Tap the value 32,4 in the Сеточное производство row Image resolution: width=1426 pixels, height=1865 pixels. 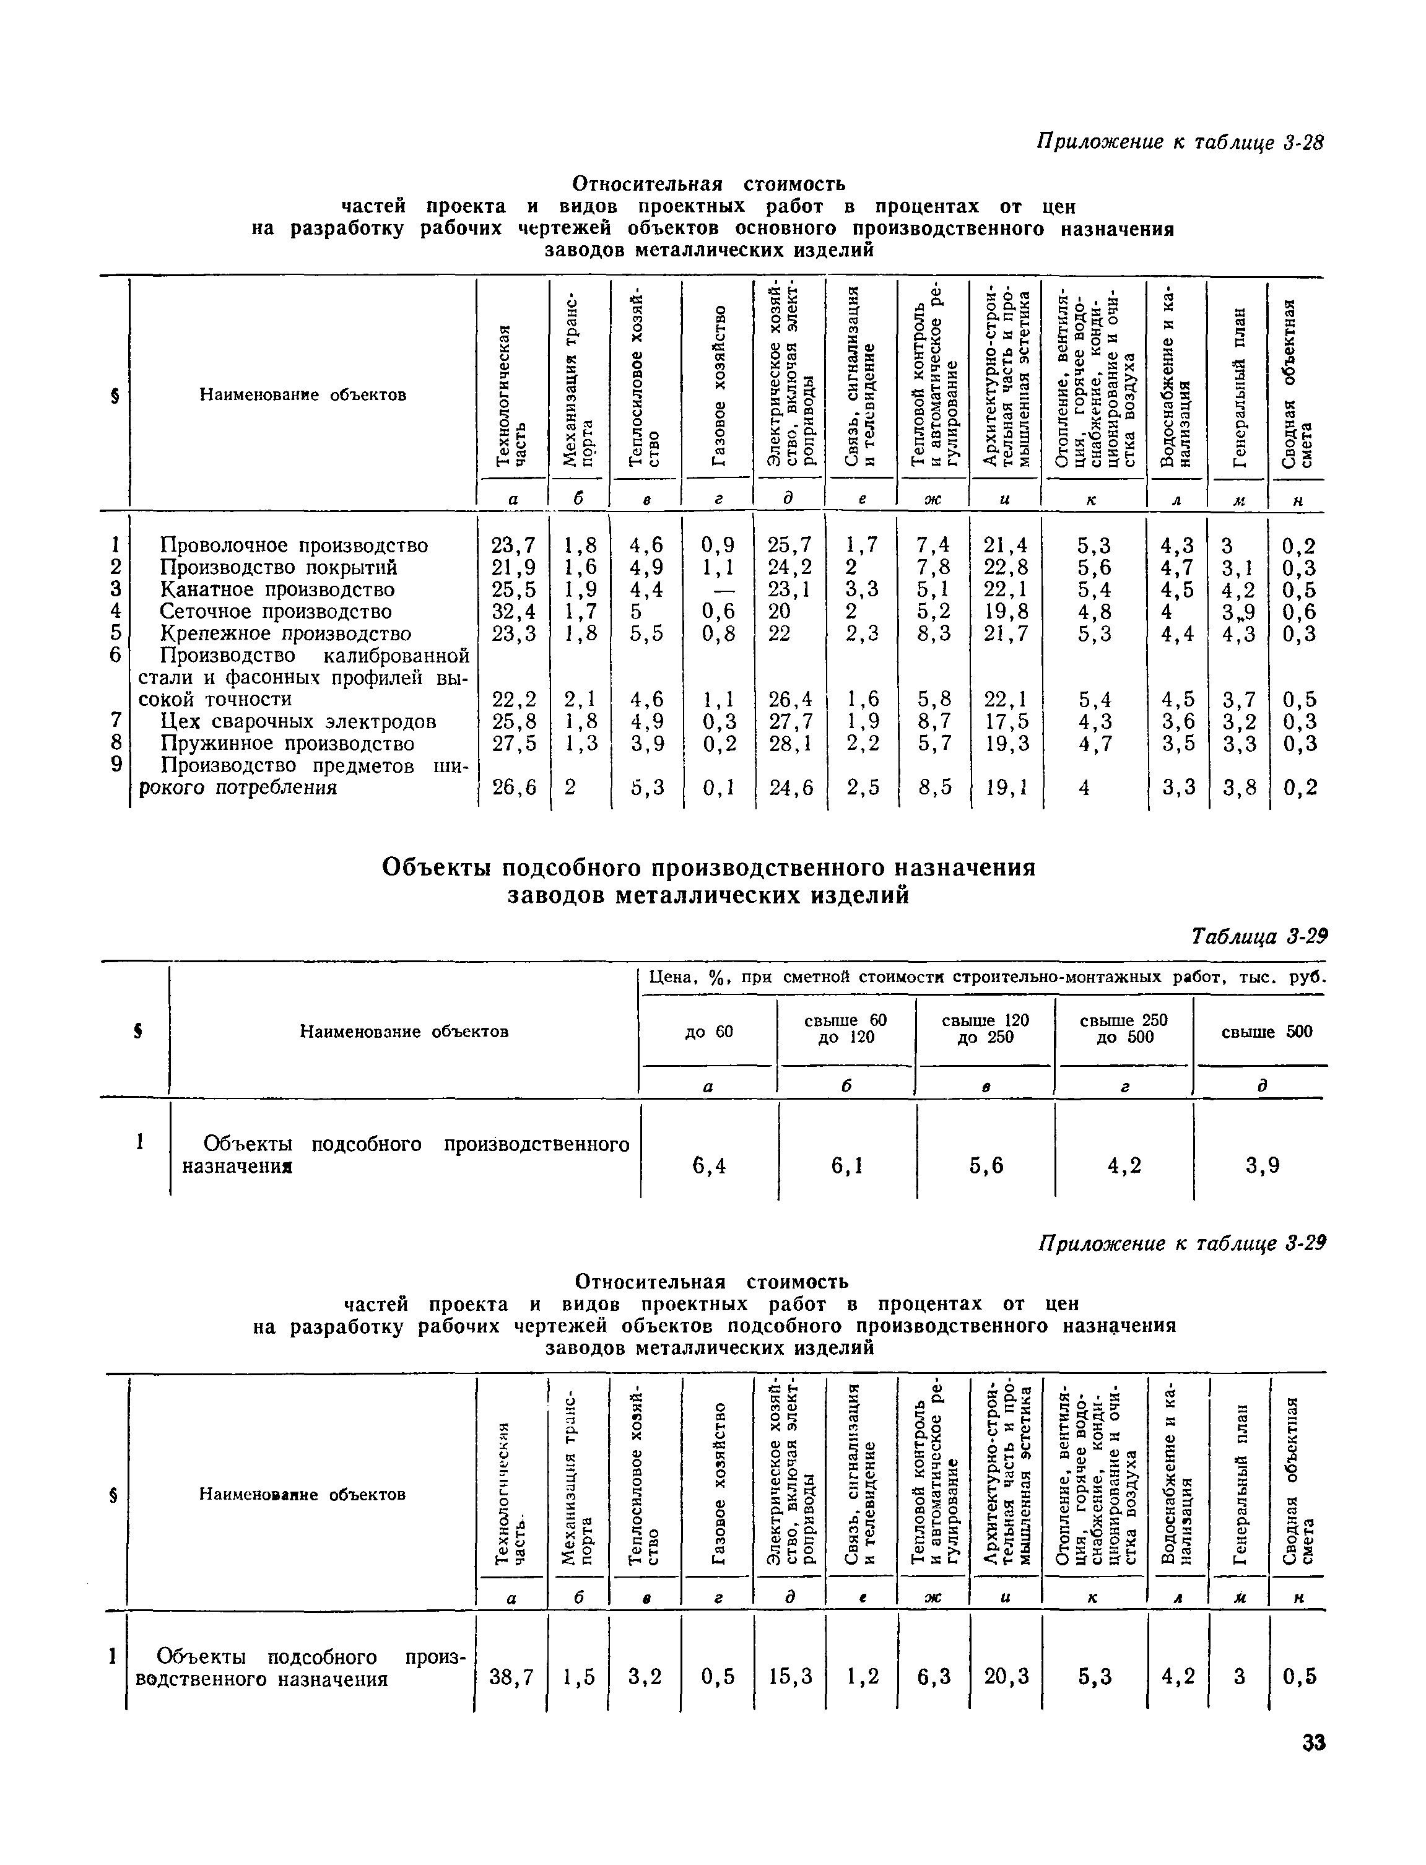point(513,611)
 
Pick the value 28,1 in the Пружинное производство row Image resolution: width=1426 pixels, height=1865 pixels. point(789,744)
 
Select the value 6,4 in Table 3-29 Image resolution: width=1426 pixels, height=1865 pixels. point(709,1167)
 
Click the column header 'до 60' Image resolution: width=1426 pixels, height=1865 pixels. point(709,1032)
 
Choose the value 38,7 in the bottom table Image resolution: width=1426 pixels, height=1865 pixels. point(513,1677)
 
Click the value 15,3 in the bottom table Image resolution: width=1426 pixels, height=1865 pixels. point(790,1677)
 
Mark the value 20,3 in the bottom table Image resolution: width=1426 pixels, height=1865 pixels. point(1006,1677)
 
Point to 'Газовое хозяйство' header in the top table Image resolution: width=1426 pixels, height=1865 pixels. point(719,386)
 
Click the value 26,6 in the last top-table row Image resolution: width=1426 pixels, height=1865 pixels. point(513,788)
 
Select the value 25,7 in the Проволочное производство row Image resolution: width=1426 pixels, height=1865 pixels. point(789,545)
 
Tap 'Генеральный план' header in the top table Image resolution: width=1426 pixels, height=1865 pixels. point(1239,386)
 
